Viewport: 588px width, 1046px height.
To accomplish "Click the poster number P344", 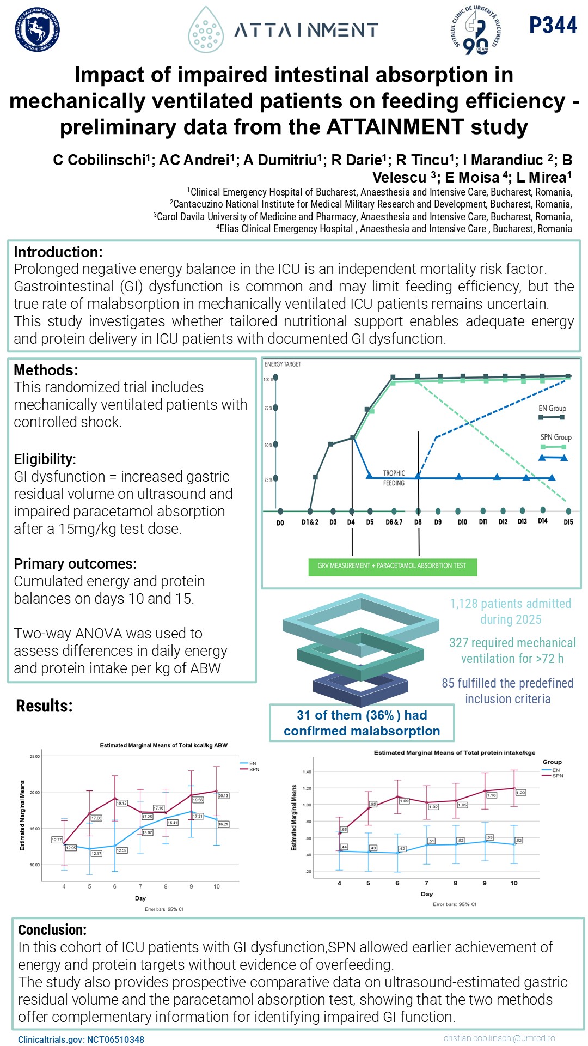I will [x=553, y=25].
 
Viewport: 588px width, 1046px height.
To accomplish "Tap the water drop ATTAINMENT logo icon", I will [x=206, y=30].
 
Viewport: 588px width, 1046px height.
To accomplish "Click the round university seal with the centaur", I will [x=37, y=30].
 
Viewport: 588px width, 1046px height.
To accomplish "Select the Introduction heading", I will [x=58, y=252].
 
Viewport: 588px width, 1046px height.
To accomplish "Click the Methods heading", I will [x=46, y=370].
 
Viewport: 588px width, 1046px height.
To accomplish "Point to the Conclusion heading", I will [x=52, y=929].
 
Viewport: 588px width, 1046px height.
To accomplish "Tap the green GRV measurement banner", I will [x=392, y=566].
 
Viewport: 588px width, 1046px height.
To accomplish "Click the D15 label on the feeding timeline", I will [x=568, y=522].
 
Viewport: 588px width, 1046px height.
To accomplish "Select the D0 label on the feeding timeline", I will [x=280, y=522].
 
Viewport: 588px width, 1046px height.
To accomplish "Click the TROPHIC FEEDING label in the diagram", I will [x=394, y=478].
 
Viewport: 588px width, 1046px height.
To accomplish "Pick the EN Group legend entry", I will [x=552, y=409].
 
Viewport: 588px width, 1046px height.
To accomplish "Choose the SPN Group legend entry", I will [x=555, y=437].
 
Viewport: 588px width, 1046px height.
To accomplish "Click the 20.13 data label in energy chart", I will [x=223, y=796].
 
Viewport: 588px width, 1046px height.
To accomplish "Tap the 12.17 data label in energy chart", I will [x=96, y=853].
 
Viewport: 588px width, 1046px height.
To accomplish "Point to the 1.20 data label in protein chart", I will [x=520, y=793].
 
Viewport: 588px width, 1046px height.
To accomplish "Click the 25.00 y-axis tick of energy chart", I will [x=35, y=756].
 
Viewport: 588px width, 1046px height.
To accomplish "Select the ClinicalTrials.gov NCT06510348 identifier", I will [x=81, y=1039].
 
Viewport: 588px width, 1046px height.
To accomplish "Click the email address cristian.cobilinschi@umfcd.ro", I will [x=499, y=1038].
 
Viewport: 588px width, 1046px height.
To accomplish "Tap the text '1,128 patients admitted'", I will [x=510, y=604].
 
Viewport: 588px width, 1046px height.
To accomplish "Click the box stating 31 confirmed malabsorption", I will [x=362, y=723].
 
